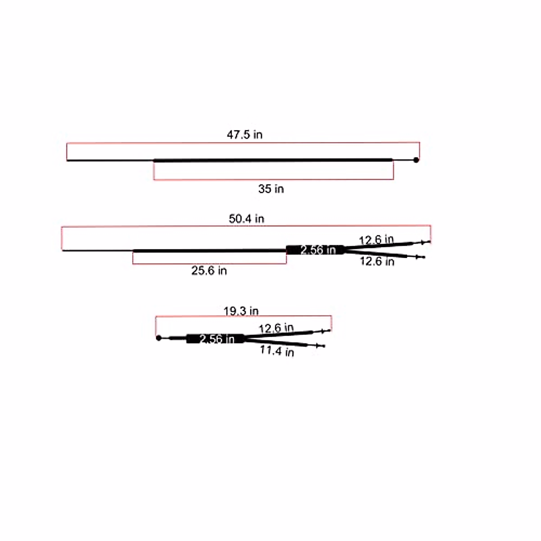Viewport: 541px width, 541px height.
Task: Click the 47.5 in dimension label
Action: pyautogui.click(x=244, y=135)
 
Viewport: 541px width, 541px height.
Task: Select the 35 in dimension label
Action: pyautogui.click(x=271, y=189)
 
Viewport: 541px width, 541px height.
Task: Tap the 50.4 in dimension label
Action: pyautogui.click(x=247, y=219)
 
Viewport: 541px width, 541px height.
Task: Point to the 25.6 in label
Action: pyautogui.click(x=209, y=270)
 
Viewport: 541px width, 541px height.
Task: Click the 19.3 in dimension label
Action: pyautogui.click(x=241, y=311)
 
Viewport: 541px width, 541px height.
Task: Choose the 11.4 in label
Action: pyautogui.click(x=277, y=351)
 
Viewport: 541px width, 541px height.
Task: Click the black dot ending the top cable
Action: pyautogui.click(x=416, y=160)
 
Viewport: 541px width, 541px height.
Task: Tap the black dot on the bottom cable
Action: pyautogui.click(x=159, y=338)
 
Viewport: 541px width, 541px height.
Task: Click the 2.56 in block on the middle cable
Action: pyautogui.click(x=315, y=250)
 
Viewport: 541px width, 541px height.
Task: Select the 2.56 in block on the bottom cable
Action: pyautogui.click(x=215, y=339)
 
